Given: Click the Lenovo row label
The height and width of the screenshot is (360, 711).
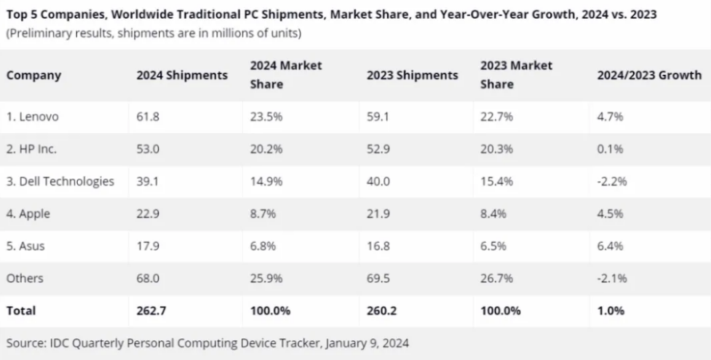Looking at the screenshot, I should point(31,117).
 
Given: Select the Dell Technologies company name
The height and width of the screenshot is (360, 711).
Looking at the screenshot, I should point(60,181).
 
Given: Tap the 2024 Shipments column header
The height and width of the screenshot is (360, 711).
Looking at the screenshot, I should point(182,75).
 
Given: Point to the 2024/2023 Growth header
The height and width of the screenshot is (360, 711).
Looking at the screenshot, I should point(649,75).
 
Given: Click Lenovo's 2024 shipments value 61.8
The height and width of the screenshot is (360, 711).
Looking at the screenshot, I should point(147,117).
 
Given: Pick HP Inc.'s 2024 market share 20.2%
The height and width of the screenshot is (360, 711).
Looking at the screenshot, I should point(266,149).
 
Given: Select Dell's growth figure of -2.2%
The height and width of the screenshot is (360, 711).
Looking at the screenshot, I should point(611,181).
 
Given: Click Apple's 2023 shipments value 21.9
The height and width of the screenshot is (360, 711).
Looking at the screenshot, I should point(378,214).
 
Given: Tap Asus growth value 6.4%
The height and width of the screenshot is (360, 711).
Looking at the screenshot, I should point(609,246).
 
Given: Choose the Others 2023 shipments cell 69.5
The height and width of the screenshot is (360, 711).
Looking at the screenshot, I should point(378,278).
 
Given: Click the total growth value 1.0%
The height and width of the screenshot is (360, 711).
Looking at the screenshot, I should point(609,311).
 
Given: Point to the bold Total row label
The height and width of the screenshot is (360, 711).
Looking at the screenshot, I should point(21,311).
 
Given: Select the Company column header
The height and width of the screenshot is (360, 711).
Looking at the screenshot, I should point(33,75).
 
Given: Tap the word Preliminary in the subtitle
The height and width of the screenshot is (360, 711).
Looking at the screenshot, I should point(39,33).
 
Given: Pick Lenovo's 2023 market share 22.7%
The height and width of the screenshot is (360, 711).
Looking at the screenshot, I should point(496,117).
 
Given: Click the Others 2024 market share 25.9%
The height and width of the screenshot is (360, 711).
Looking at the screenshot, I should point(266,278).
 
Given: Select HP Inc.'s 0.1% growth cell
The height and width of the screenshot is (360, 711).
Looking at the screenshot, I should point(609,149).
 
